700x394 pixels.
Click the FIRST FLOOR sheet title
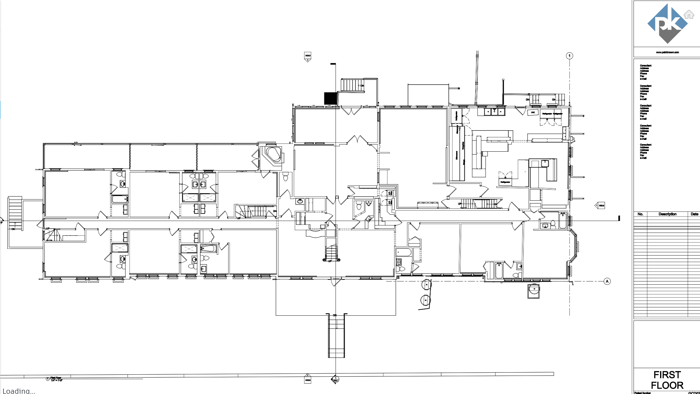pos(667,380)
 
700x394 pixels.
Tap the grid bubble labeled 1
pos(569,56)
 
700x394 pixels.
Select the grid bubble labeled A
pos(607,281)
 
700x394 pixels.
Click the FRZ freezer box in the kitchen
pos(533,113)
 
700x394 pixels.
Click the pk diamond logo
pos(667,24)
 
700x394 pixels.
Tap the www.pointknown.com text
pos(667,52)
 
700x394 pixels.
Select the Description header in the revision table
pos(667,214)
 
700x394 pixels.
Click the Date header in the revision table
pos(694,214)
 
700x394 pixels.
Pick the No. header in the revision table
pos(640,214)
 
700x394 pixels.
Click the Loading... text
pos(19,390)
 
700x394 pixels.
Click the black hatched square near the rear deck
pos(331,98)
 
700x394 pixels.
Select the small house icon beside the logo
pos(689,14)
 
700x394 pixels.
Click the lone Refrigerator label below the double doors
pos(505,182)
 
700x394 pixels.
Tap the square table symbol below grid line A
pos(533,291)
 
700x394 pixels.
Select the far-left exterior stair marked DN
pos(15,213)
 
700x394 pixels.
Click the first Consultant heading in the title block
pos(645,66)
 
